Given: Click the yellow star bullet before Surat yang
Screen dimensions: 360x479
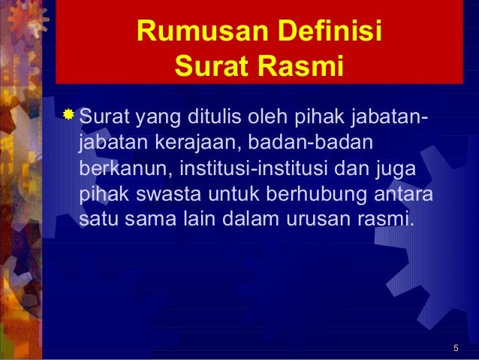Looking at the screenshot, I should tap(68, 115).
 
